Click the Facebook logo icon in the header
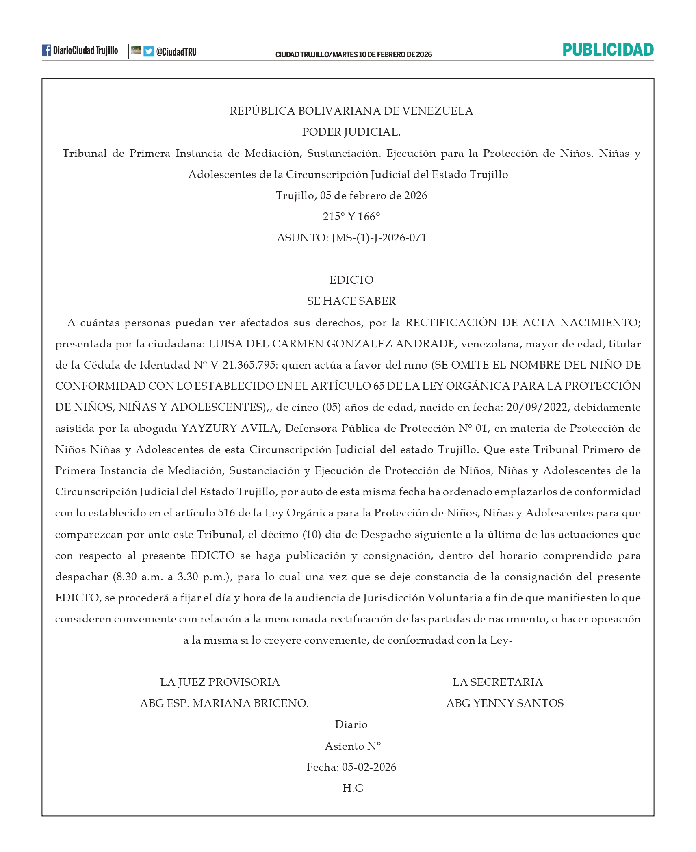click(46, 50)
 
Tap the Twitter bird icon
click(149, 51)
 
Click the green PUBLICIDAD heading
click(608, 50)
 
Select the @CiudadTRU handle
click(176, 52)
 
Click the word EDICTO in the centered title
click(351, 280)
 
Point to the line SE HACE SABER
click(351, 301)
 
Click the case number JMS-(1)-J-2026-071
click(379, 238)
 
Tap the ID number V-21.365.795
click(243, 365)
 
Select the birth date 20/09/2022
click(537, 407)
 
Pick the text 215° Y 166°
click(351, 217)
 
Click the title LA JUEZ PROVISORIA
click(220, 682)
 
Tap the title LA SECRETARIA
click(497, 682)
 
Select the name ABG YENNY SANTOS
click(505, 703)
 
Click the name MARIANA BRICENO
click(250, 703)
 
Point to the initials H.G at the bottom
click(353, 788)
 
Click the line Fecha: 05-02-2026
click(351, 767)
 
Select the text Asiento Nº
click(353, 746)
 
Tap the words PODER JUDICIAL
click(351, 132)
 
